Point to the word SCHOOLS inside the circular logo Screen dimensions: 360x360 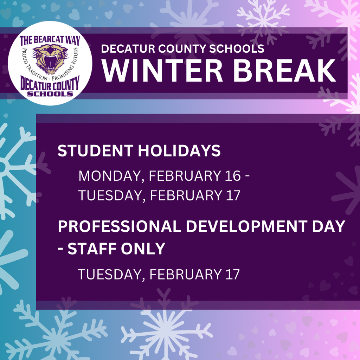[x=50, y=94]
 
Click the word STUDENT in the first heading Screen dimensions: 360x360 [x=95, y=151]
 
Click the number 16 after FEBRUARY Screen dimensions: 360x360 [x=232, y=176]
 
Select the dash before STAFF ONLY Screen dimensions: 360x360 [x=61, y=249]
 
